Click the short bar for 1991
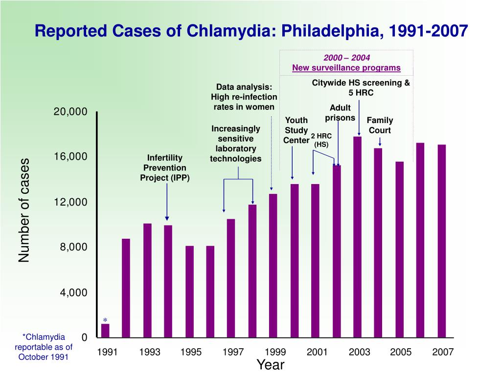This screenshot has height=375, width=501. [x=105, y=331]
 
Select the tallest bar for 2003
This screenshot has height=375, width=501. [x=357, y=237]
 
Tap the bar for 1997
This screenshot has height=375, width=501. [x=231, y=278]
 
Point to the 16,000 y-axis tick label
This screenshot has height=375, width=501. [x=70, y=156]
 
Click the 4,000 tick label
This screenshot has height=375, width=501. [x=74, y=292]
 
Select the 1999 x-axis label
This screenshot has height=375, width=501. [x=275, y=352]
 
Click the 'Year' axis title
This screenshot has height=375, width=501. [x=271, y=365]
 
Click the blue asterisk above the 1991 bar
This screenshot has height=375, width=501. [x=105, y=320]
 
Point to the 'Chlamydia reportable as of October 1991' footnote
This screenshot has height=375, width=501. [x=44, y=347]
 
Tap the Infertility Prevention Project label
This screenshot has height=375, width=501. [x=165, y=167]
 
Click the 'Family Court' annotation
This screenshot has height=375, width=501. [x=380, y=125]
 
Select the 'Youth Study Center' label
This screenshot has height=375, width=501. [x=296, y=130]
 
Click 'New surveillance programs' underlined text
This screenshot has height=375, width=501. [x=346, y=68]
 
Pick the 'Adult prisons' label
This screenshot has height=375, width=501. [x=340, y=113]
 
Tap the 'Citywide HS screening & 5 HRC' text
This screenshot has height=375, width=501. [x=361, y=87]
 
